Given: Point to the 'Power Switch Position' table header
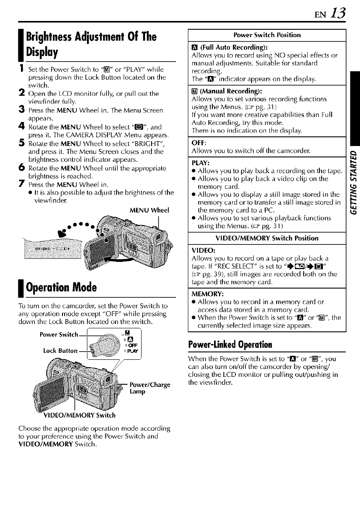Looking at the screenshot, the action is (x=265, y=35).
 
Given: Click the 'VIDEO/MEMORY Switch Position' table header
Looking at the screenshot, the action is (x=265, y=238).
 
